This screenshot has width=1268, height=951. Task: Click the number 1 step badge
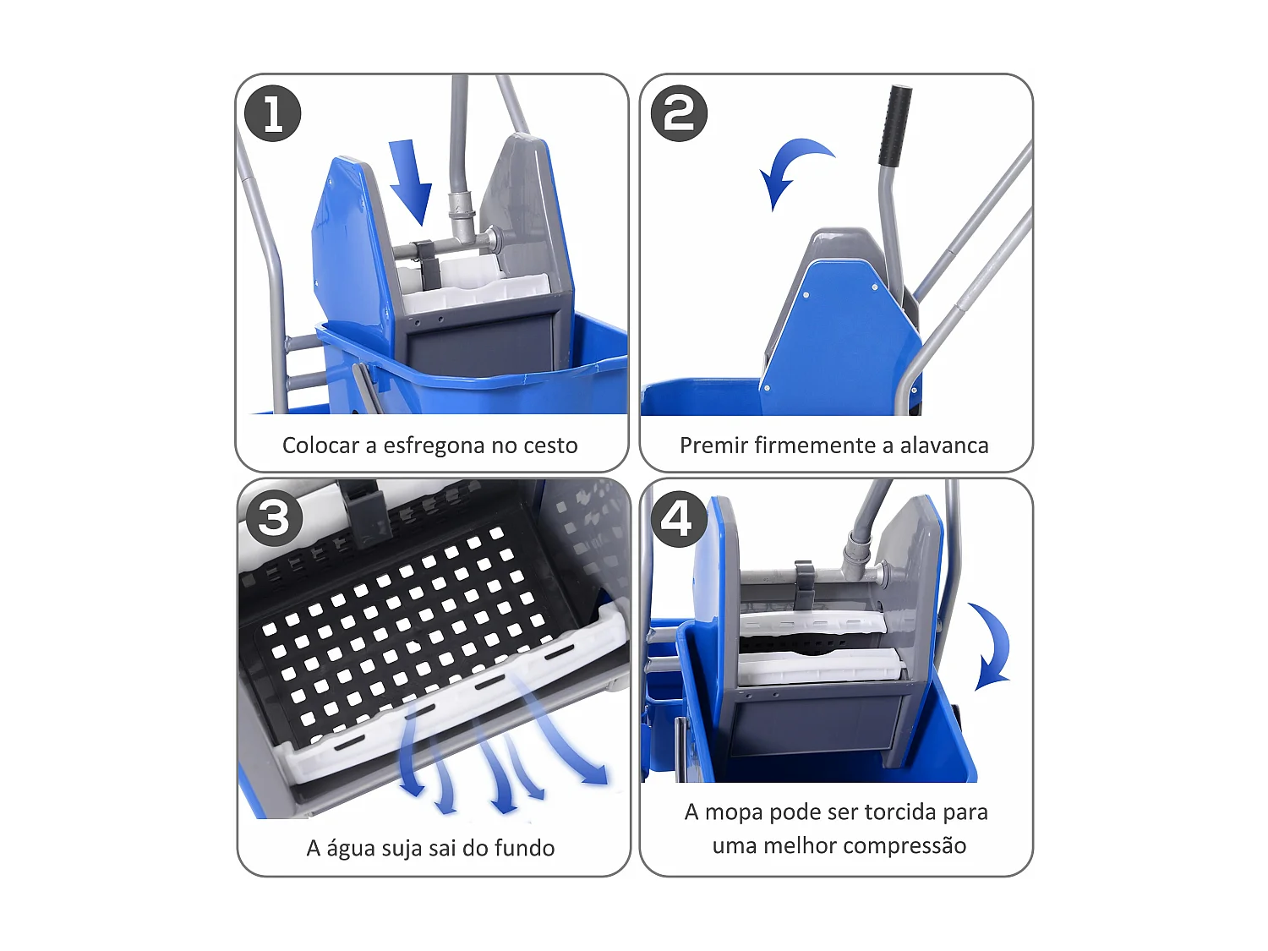tap(272, 113)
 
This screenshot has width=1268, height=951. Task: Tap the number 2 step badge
tap(679, 113)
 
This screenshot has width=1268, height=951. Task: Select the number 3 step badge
tap(273, 518)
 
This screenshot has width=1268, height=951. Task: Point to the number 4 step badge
tap(679, 518)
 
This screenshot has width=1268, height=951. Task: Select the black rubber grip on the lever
tap(894, 125)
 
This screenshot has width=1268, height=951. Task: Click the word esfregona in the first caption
tap(436, 445)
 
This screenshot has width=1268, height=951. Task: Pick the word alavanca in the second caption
tap(943, 445)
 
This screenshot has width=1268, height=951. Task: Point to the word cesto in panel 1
tap(551, 445)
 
